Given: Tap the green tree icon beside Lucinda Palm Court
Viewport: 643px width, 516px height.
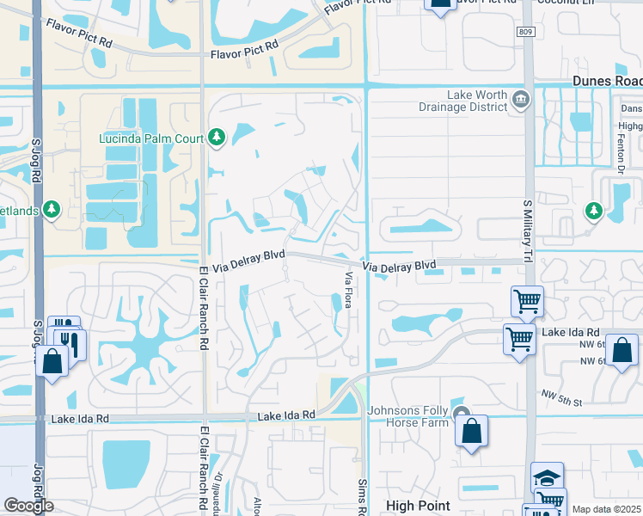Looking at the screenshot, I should click(216, 138).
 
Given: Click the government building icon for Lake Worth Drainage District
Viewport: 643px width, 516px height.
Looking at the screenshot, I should click(520, 101).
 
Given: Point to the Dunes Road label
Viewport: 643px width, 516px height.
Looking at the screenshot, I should click(607, 80).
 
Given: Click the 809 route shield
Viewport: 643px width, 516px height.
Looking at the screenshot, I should click(526, 32).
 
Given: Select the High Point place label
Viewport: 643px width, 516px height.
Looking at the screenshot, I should click(418, 506).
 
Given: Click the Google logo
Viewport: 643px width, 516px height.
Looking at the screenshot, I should click(28, 506).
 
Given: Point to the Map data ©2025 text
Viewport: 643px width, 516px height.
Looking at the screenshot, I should click(607, 509).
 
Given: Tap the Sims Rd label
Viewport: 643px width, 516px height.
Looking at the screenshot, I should click(362, 497).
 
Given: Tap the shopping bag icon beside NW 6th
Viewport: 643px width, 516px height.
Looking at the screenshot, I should click(622, 352).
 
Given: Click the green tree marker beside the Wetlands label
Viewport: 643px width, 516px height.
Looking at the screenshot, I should click(52, 209).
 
